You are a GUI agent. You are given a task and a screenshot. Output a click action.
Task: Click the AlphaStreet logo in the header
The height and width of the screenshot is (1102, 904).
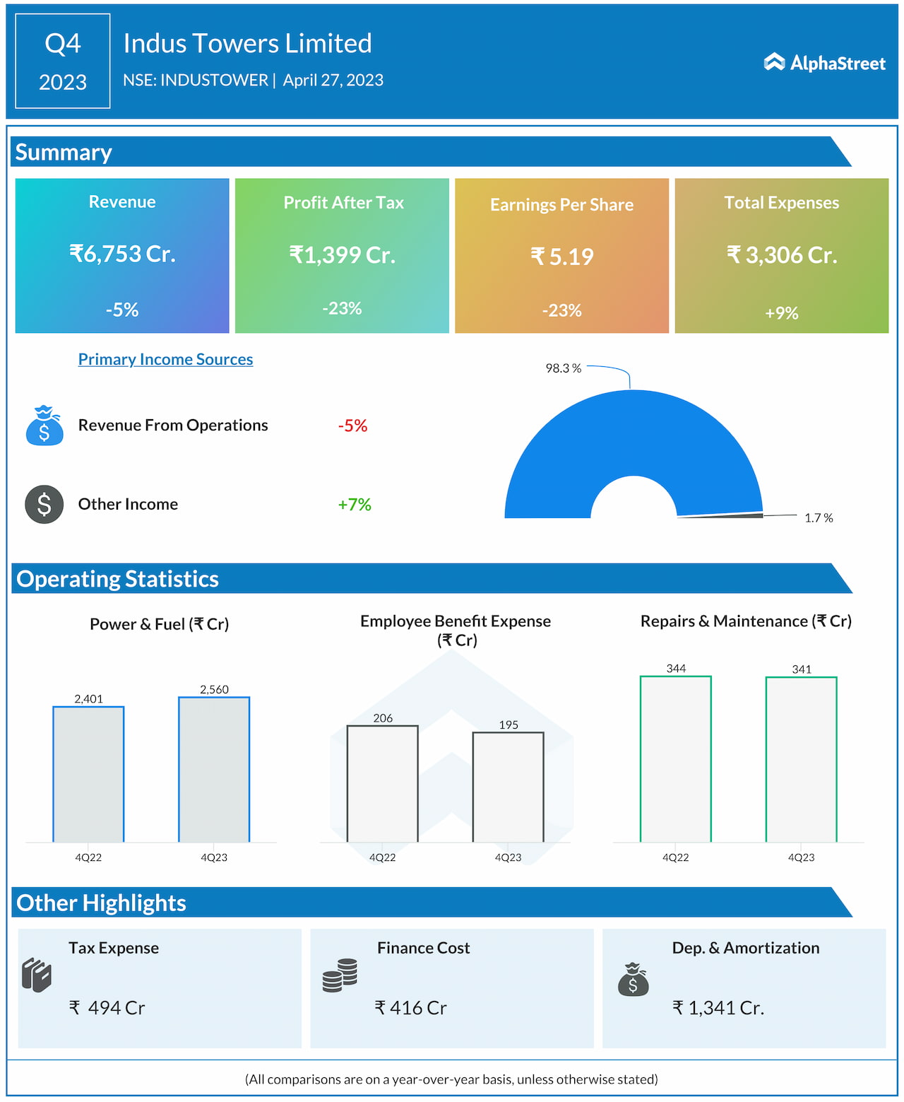click(824, 63)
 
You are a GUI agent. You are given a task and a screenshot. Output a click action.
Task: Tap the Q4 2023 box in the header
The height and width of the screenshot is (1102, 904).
click(63, 61)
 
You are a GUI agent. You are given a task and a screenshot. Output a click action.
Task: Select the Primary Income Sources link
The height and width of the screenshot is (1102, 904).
click(165, 359)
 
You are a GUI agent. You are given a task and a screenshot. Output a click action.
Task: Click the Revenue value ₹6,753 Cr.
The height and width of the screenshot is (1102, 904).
click(122, 253)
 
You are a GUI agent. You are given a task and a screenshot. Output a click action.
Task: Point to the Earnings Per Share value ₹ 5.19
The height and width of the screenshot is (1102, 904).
click(562, 256)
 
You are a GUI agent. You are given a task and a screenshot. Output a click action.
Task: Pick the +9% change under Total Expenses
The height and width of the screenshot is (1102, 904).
click(782, 312)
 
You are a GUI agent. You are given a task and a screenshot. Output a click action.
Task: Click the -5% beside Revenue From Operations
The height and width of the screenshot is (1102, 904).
click(352, 426)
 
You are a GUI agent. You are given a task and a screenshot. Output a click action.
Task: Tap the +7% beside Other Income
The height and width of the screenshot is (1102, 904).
click(354, 504)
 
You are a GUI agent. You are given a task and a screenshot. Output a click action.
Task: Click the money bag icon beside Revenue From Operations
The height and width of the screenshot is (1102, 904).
click(44, 426)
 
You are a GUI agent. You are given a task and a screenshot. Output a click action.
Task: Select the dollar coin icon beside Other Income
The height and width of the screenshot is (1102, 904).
click(44, 504)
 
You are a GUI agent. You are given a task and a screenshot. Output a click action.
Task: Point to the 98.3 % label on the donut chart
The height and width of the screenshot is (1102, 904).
click(563, 368)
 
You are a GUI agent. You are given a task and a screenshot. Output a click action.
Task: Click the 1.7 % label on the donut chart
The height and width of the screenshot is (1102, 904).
click(819, 518)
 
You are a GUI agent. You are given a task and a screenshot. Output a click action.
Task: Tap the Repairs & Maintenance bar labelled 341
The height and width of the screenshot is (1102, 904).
click(802, 759)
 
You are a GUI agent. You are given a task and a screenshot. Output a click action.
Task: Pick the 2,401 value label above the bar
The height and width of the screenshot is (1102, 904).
click(89, 698)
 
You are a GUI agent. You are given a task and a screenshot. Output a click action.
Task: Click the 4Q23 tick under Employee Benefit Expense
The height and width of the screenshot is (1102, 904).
click(508, 857)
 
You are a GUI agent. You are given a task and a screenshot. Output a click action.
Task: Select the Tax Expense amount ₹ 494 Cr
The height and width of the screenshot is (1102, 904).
click(107, 1007)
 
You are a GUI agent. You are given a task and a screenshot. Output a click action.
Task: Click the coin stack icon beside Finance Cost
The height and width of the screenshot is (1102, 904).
click(340, 975)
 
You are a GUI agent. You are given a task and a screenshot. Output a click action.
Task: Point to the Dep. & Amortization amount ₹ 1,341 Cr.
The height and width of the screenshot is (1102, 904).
click(718, 1007)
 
